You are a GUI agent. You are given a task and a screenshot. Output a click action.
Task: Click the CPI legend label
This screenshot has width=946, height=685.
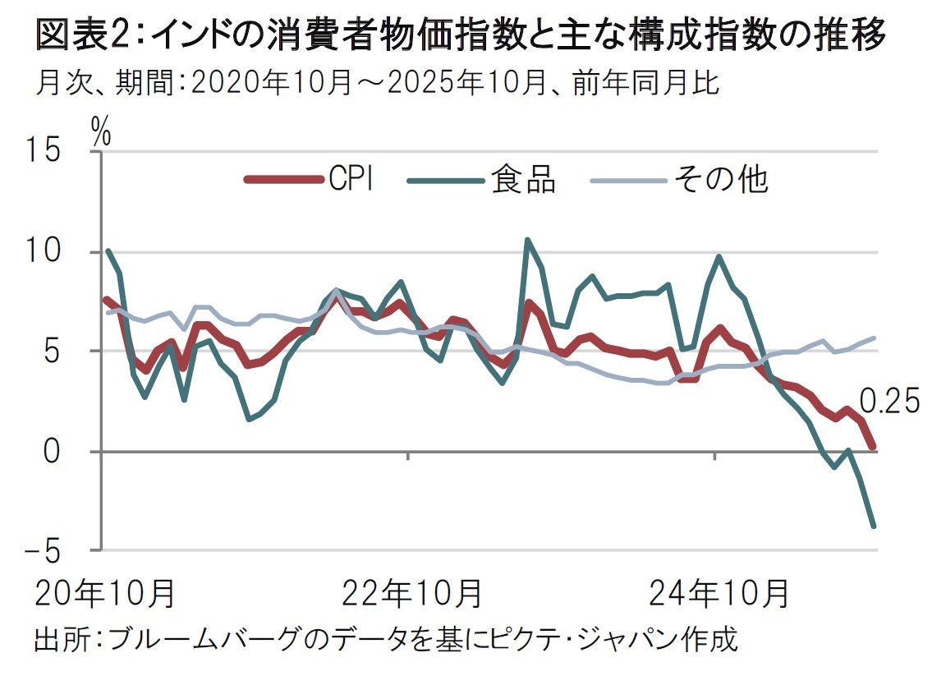[x=351, y=179]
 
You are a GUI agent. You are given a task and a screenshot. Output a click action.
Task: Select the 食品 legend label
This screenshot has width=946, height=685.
[x=523, y=179]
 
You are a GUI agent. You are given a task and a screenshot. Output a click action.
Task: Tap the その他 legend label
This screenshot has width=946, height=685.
[x=720, y=179]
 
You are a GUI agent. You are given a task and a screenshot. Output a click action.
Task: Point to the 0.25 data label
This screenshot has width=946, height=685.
[x=891, y=402]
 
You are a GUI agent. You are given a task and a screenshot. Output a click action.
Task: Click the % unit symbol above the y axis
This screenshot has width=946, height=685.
[x=101, y=131]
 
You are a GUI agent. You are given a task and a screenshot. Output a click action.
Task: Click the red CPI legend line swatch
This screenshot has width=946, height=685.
[x=282, y=179]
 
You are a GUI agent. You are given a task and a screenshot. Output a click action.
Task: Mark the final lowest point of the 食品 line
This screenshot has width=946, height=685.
[x=874, y=526]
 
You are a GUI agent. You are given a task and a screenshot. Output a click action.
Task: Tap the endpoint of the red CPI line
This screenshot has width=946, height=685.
[x=874, y=446]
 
